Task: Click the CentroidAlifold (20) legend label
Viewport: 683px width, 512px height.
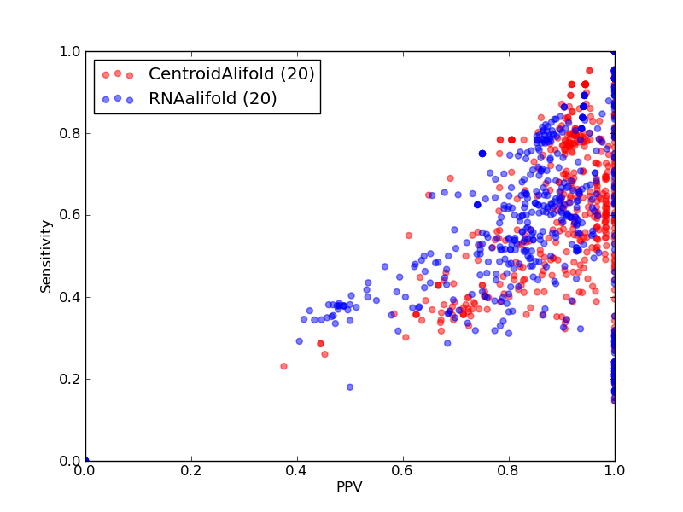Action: click(x=231, y=73)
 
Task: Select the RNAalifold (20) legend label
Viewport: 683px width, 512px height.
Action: click(x=213, y=98)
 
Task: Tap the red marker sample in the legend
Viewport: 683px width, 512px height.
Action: click(x=118, y=74)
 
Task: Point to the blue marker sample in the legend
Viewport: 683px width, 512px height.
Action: click(x=118, y=99)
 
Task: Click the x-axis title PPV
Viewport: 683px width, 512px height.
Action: click(x=349, y=486)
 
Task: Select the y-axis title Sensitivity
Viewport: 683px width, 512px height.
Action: click(x=46, y=257)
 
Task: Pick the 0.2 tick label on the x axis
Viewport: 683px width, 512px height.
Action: click(x=191, y=471)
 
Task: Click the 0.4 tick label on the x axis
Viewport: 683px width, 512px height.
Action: click(x=297, y=471)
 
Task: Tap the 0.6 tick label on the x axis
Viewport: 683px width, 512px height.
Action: click(x=403, y=471)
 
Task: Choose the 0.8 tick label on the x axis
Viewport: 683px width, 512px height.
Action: click(x=509, y=471)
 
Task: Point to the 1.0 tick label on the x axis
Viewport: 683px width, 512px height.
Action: click(x=615, y=471)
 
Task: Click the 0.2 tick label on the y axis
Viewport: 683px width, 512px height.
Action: click(x=70, y=379)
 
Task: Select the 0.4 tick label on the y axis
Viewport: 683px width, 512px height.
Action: click(x=70, y=297)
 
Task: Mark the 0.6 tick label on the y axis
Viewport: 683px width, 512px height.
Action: click(x=70, y=216)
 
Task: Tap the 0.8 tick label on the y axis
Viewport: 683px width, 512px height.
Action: click(x=70, y=133)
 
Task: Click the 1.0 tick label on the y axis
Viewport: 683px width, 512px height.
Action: click(x=70, y=51)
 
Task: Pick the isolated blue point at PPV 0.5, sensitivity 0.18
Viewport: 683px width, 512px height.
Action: click(x=350, y=387)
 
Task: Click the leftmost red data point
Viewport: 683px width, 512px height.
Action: click(x=284, y=366)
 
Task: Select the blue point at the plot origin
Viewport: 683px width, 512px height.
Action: click(x=86, y=460)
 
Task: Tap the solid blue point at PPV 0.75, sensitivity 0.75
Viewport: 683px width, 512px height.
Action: click(x=482, y=154)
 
